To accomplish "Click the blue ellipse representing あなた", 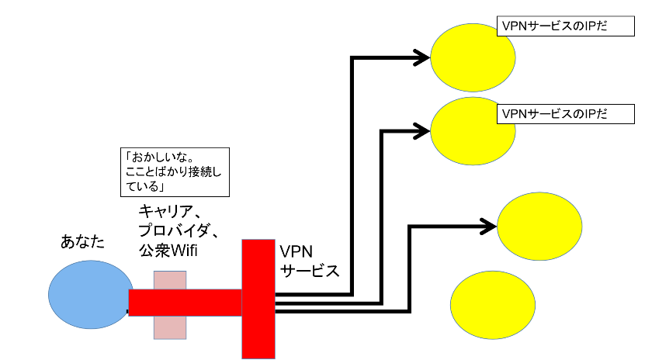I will pyautogui.click(x=89, y=295).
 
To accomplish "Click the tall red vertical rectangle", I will pyautogui.click(x=258, y=299).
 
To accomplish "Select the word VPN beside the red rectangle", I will pyautogui.click(x=296, y=251).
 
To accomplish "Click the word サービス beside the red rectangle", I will pyautogui.click(x=310, y=272).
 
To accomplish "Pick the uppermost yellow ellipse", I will pyautogui.click(x=473, y=57).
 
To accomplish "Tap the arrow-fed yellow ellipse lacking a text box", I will pyautogui.click(x=539, y=226).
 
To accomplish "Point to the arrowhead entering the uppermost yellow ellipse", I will pyautogui.click(x=422, y=57).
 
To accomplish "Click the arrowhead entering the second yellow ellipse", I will pyautogui.click(x=422, y=128).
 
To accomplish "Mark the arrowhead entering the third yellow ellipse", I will pyautogui.click(x=488, y=226).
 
